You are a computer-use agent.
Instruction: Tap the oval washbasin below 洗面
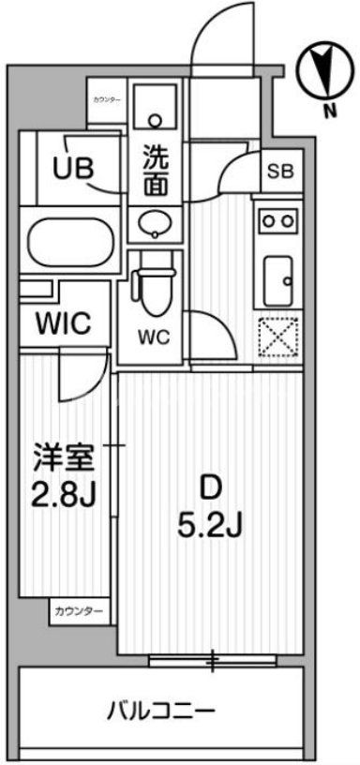point(153,223)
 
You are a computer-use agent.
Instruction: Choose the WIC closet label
point(63,324)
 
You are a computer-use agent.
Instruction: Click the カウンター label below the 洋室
point(80,611)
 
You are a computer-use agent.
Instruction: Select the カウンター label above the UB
point(106,99)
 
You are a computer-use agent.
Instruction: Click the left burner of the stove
point(266,221)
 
